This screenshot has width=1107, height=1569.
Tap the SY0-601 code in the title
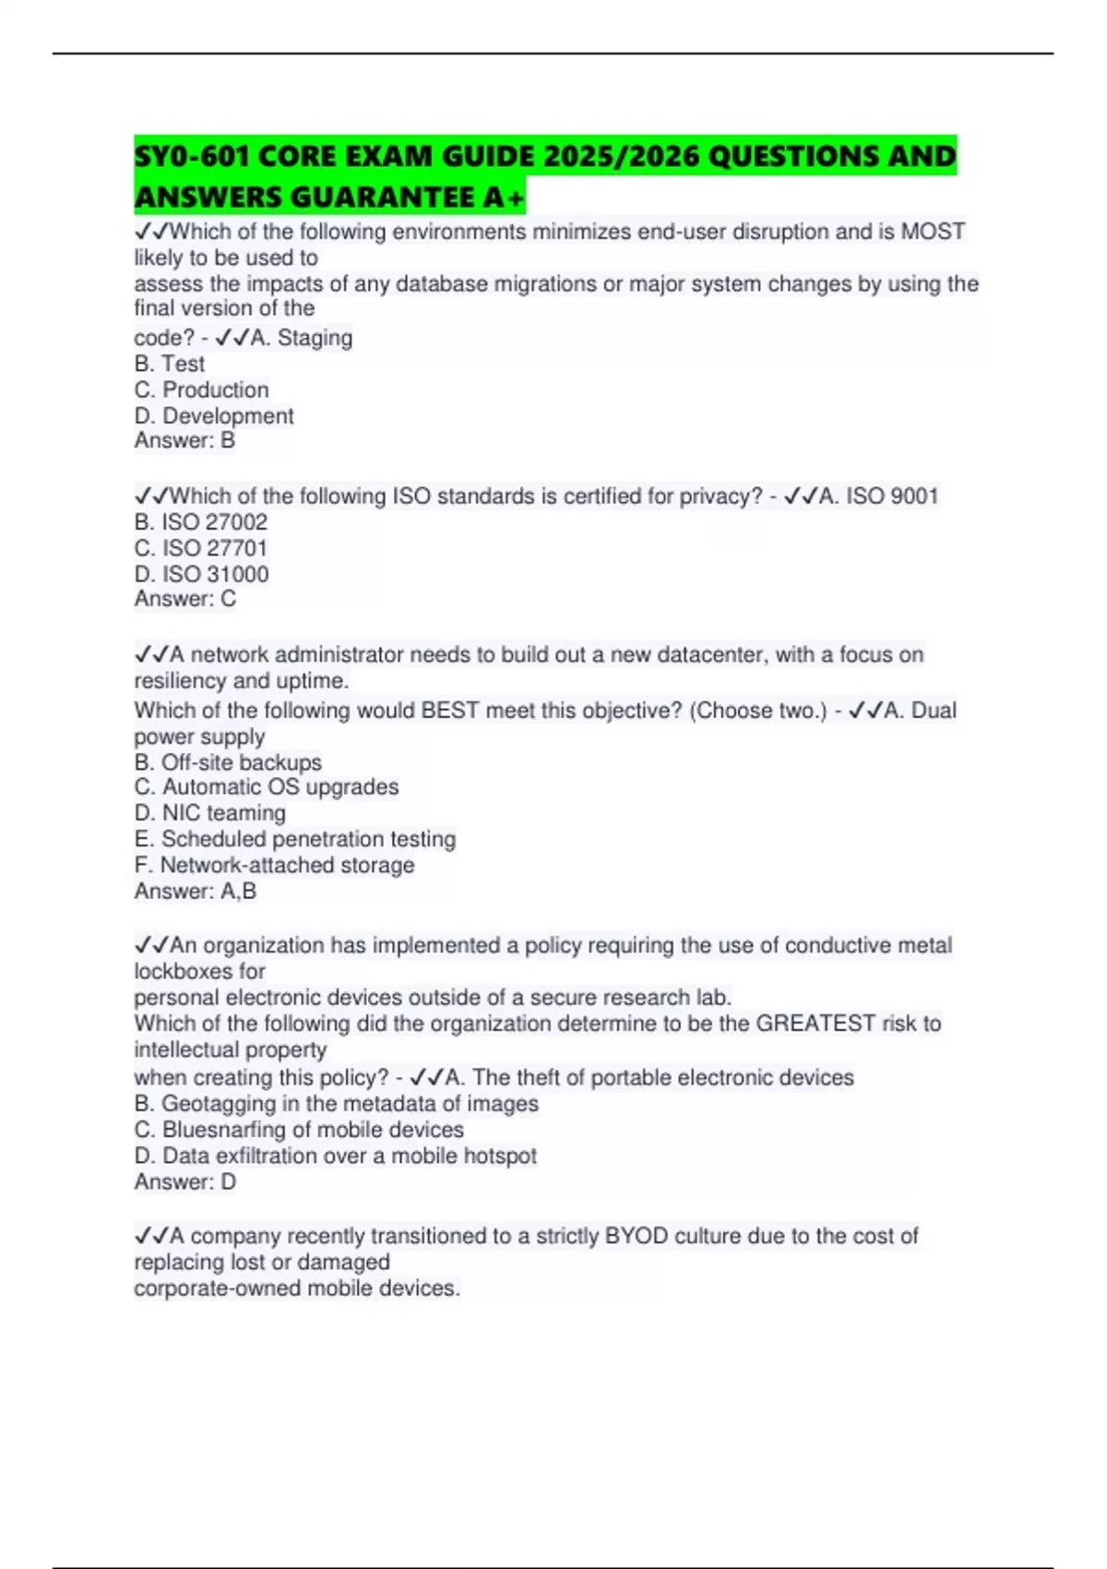190,156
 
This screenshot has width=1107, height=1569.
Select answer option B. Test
170,364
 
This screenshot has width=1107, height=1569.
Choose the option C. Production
202,389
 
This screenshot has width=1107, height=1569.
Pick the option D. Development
214,416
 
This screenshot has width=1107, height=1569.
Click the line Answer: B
184,441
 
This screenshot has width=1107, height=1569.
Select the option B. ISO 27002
201,522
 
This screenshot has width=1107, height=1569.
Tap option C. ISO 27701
201,548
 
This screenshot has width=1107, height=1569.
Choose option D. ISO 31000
202,574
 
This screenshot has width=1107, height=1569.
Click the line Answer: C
185,599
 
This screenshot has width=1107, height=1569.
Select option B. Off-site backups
228,762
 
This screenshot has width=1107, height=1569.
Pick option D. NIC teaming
210,813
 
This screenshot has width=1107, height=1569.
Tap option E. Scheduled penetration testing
295,839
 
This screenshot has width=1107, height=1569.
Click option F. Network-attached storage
274,865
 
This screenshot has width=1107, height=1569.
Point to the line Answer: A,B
196,891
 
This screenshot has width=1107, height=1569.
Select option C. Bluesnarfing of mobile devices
299,1130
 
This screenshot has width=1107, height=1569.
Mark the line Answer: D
185,1181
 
